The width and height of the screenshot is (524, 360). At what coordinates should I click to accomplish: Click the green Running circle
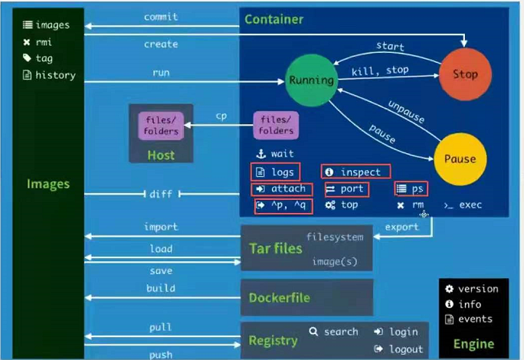312,80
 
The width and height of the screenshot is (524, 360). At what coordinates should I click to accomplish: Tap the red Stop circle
465,74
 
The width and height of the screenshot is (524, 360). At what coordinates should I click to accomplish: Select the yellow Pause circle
460,159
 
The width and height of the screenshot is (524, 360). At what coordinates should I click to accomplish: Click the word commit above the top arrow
161,17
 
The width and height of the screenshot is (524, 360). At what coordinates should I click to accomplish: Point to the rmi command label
44,42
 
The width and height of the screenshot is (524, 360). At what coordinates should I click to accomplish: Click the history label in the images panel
55,75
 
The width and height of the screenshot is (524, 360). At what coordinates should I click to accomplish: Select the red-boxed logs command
275,172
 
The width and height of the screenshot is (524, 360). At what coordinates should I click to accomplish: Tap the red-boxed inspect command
356,172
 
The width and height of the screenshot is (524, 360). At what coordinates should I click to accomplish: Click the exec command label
470,205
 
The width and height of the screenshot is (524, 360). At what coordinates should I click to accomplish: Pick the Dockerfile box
306,297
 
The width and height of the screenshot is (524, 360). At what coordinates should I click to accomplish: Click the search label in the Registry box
341,332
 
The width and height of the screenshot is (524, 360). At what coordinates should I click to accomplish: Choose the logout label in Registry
406,349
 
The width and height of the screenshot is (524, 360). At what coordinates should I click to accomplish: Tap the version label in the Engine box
478,289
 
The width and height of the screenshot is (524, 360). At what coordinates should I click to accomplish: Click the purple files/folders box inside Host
161,126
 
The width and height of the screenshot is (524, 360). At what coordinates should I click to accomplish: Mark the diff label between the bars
161,194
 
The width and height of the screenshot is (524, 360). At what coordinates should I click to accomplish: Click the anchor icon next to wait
261,154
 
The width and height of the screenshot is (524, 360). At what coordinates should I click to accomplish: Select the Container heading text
274,19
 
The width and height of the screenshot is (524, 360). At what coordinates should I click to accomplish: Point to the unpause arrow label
406,111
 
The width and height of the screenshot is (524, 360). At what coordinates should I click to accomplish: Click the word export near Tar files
401,227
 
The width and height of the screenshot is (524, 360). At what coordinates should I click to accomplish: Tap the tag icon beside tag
27,57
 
